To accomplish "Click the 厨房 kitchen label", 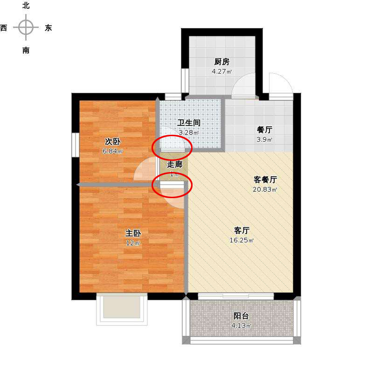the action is [x=222, y=62].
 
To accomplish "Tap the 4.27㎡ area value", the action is [x=222, y=71].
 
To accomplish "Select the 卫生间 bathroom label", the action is [x=189, y=123].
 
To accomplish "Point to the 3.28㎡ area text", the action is [x=189, y=132].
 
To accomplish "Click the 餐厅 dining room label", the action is [x=264, y=130].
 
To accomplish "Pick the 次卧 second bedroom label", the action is [x=112, y=141].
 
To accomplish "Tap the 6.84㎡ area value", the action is [x=112, y=151].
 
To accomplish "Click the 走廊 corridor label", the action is [x=174, y=164].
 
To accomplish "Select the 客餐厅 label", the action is [x=265, y=180].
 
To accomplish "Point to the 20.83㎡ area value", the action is [x=265, y=189].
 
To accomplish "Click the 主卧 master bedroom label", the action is [x=133, y=233].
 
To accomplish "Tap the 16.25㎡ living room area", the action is [x=242, y=240].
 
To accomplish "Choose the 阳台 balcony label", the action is [x=241, y=316].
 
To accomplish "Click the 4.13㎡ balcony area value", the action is [x=242, y=325].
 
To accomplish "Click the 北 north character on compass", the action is [x=26, y=6].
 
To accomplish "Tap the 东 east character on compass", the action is [x=48, y=28].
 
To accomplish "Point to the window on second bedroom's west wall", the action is [x=76, y=145].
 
